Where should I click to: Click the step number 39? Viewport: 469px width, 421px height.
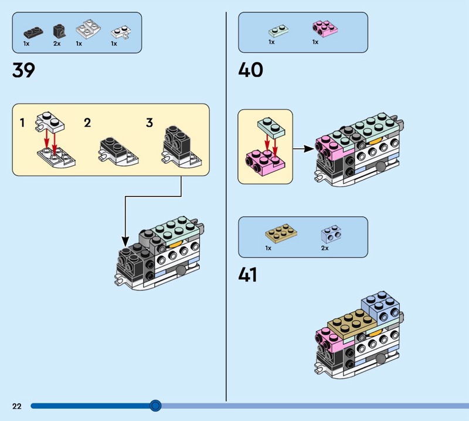23,70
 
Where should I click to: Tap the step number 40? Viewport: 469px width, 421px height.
251,70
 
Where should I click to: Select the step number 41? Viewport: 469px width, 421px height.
247,274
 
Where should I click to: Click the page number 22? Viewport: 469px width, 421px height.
17,406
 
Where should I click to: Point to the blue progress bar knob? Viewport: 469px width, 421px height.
155,405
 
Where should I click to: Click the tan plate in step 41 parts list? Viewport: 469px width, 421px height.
281,233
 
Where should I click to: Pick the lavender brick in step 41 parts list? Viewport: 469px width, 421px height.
331,234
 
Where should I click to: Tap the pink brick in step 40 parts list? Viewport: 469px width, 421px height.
325,29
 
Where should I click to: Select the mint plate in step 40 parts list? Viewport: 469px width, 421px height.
278,30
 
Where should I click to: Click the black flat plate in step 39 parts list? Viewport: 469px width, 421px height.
33,32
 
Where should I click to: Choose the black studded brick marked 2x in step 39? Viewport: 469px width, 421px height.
60,31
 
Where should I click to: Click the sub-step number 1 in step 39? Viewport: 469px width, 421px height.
22,123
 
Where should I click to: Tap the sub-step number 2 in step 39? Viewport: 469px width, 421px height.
87,123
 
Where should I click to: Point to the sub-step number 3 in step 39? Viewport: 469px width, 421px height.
149,123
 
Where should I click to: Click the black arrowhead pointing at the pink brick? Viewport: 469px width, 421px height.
310,148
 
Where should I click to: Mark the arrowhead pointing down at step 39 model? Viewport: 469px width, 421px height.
125,242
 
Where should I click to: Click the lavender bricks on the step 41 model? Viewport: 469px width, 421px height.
380,308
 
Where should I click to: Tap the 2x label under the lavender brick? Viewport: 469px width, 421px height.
325,248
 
